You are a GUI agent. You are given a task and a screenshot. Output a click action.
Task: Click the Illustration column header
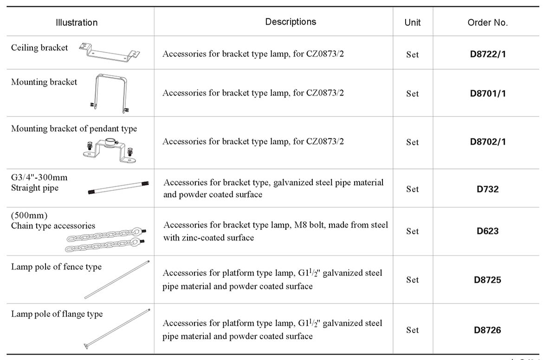pos(77,22)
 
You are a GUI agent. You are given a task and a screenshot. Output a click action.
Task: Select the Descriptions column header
pos(291,22)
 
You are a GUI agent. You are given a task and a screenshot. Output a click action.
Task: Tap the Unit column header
pos(413,22)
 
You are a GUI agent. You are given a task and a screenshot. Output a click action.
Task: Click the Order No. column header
pos(488,22)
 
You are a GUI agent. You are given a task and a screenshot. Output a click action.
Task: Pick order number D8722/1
pos(488,54)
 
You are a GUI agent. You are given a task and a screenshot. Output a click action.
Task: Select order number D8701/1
pos(488,93)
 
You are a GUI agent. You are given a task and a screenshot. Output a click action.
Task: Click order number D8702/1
pos(488,142)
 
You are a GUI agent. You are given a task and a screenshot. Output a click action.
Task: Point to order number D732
pos(488,189)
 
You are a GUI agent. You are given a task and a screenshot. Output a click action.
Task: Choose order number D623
pos(488,231)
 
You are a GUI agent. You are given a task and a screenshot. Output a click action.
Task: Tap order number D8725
pos(488,280)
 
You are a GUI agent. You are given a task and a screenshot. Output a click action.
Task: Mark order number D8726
pos(488,330)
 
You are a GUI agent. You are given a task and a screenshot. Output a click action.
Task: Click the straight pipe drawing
pos(118,188)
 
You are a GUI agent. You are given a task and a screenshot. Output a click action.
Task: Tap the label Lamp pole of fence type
pos(57,267)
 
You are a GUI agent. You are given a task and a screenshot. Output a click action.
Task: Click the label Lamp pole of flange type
pos(57,314)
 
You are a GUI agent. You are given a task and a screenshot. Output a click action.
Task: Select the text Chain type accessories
pos(53,226)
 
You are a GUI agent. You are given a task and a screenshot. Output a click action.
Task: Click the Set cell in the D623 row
pos(413,231)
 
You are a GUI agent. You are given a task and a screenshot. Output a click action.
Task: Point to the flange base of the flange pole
pos(87,345)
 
